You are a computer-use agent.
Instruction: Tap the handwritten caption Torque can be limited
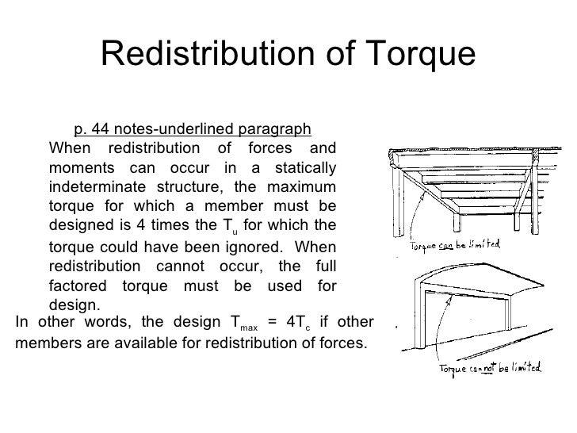click(453, 247)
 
